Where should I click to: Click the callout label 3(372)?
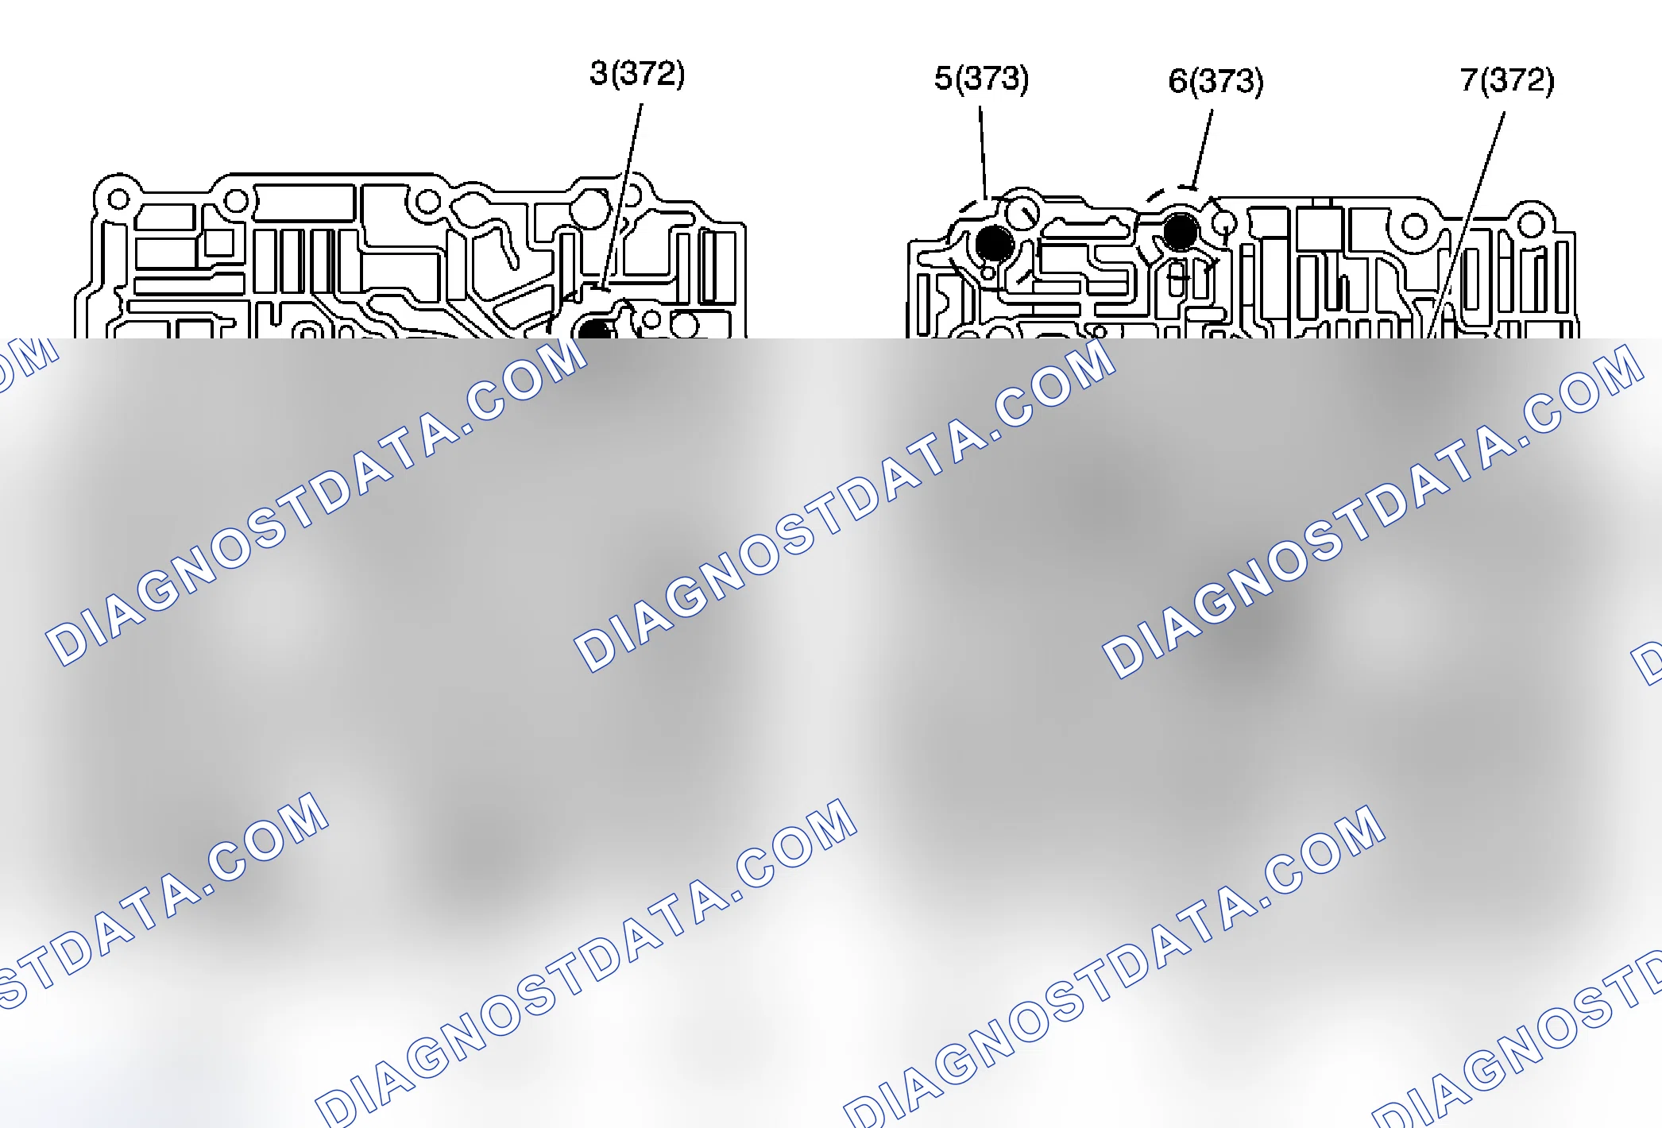pos(637,74)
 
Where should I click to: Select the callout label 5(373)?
pos(981,78)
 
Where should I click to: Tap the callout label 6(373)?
pos(1216,81)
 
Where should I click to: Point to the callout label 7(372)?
pos(1507,79)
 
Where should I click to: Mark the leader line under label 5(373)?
pos(983,153)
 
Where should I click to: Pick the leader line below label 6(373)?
pos(1202,149)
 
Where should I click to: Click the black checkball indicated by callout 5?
pos(994,243)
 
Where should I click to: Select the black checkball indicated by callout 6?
pos(1181,232)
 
